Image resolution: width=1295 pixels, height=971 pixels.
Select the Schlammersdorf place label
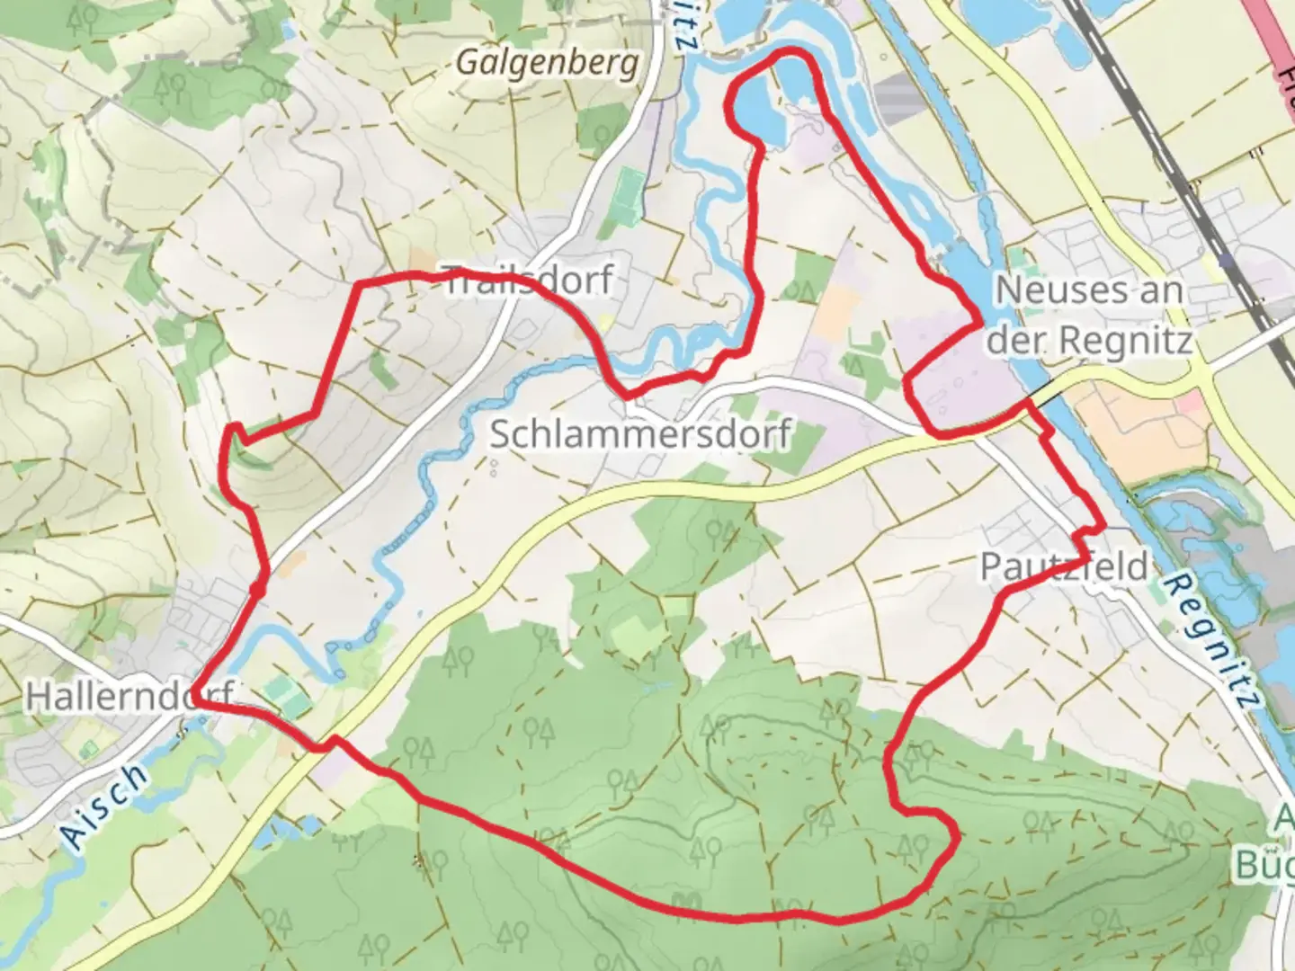[639, 434]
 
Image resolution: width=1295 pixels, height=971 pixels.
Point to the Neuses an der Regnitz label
[1091, 315]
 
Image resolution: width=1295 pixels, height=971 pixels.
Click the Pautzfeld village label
[1064, 566]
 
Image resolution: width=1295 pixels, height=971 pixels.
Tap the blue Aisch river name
[105, 805]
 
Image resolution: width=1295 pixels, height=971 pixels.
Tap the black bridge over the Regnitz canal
[1043, 393]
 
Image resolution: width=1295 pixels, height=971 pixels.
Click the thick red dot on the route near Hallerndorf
[257, 591]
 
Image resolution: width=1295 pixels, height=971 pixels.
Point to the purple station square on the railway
[1228, 262]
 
